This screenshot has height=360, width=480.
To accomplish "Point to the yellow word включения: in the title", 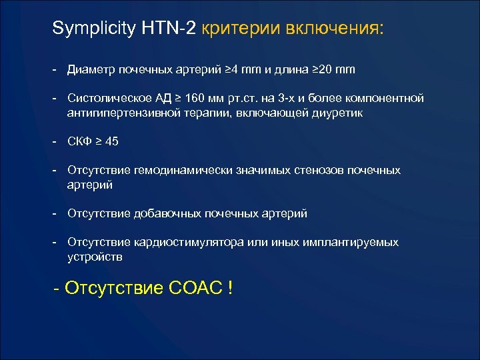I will click(335, 30).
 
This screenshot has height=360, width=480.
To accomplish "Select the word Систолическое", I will click(107, 99).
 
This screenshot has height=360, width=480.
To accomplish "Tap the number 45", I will click(113, 141).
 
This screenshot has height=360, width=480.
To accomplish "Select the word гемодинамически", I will click(176, 170).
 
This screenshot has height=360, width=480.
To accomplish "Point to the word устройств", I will click(95, 256).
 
